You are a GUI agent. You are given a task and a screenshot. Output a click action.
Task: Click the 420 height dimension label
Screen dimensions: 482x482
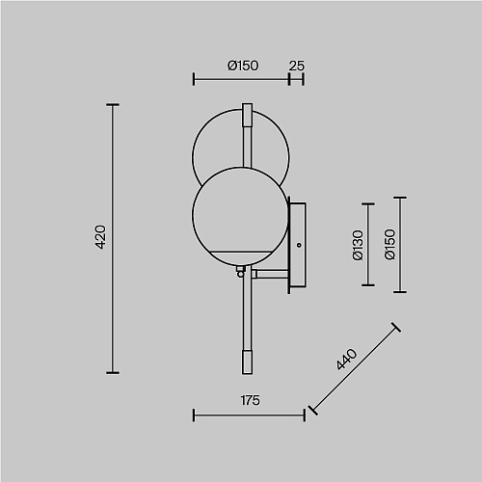point(101,237)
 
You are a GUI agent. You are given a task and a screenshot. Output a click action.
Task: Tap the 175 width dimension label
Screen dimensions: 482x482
point(250,400)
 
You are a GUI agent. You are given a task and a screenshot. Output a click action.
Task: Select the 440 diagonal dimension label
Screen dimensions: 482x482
point(346,360)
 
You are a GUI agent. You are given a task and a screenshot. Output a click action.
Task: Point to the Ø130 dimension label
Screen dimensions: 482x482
point(358,245)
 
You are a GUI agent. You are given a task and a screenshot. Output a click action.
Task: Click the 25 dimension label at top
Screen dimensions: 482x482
point(296,66)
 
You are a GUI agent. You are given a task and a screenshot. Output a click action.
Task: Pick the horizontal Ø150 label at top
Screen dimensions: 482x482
point(243,66)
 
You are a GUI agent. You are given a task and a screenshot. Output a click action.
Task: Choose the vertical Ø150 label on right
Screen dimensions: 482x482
point(389,244)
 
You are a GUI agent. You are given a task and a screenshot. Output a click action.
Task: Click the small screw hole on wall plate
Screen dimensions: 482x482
point(299,245)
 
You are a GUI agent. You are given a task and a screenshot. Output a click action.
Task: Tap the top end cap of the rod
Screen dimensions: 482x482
point(247,115)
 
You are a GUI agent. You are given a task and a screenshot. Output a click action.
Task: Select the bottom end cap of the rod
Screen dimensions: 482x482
point(247,362)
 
